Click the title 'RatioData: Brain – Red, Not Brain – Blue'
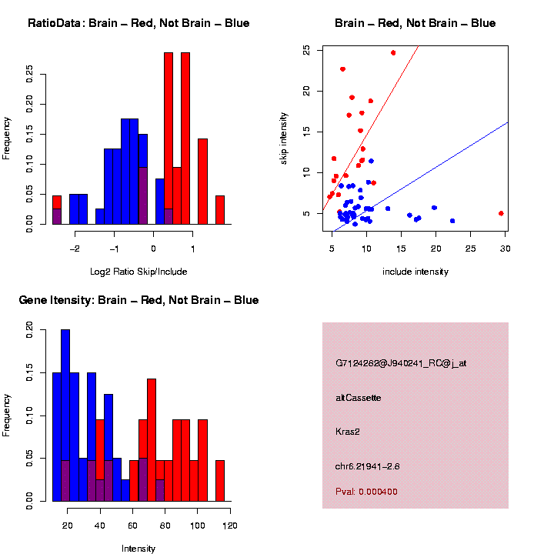click(138, 23)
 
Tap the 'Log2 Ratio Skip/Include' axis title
click(138, 271)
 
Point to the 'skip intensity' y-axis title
click(283, 136)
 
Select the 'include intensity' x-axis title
click(415, 271)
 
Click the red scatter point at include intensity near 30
click(501, 213)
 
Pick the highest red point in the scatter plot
click(393, 53)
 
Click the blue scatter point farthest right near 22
click(452, 221)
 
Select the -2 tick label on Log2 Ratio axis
click(75, 249)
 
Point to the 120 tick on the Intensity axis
click(229, 526)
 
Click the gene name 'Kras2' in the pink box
click(348, 432)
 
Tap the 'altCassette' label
click(359, 398)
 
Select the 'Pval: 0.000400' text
click(366, 492)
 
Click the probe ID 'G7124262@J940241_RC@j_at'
click(400, 363)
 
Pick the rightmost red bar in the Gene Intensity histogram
click(219, 481)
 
